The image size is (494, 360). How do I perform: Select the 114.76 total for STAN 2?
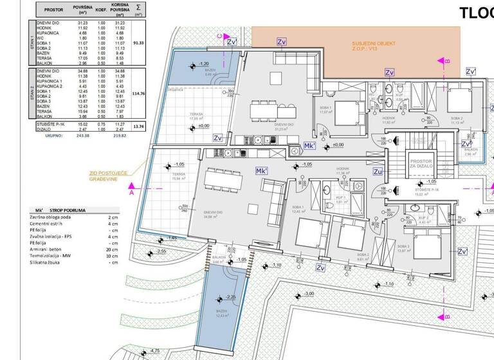coord(138,93)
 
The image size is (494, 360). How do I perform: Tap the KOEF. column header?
coord(101,10)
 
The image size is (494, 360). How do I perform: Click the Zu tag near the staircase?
coord(378,172)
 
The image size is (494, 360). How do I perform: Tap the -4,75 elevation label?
coord(154,351)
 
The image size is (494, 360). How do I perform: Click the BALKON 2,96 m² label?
coord(470,154)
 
